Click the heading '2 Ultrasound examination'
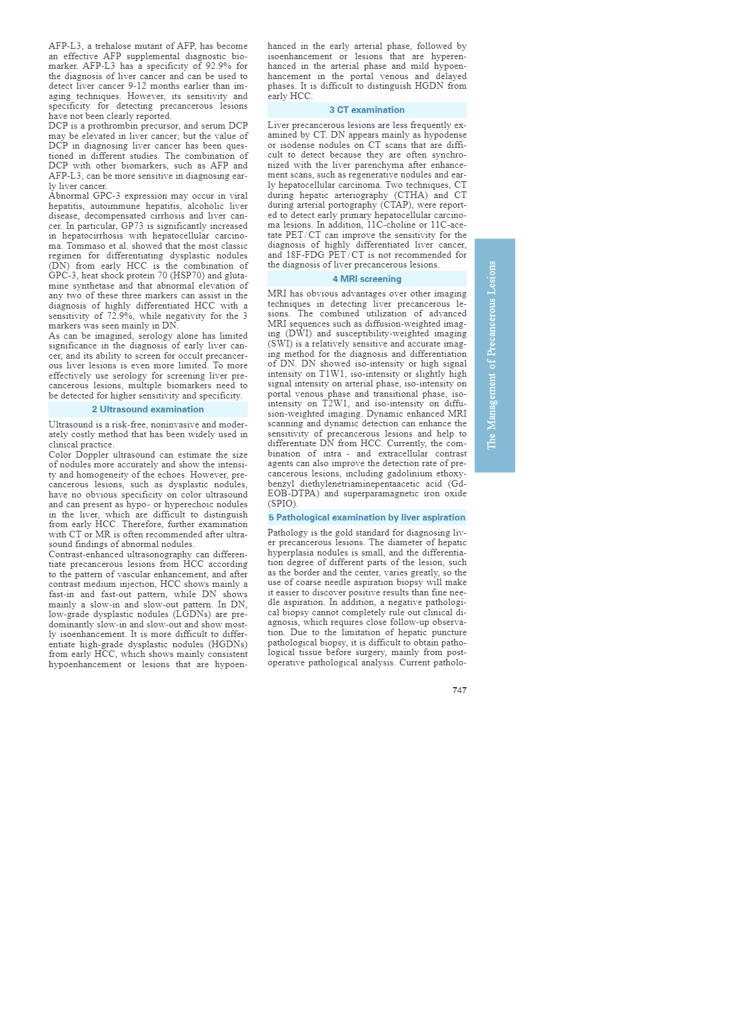148,409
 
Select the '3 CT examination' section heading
367,110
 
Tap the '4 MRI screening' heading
367,279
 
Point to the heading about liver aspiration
367,517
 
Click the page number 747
459,690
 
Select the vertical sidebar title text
492,355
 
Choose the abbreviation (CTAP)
396,205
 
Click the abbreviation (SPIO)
283,504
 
